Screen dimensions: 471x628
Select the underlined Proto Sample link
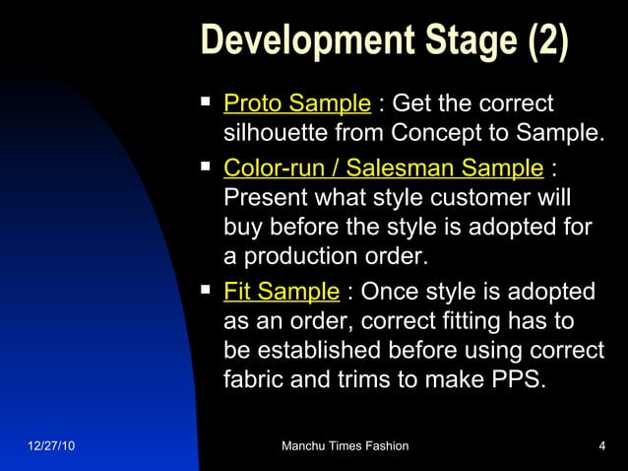pyautogui.click(x=297, y=103)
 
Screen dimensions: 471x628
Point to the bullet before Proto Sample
pyautogui.click(x=206, y=101)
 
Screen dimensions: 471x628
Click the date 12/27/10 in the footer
pyautogui.click(x=49, y=446)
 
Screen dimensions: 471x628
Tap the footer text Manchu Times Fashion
pyautogui.click(x=345, y=446)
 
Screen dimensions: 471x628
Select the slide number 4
pyautogui.click(x=601, y=446)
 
